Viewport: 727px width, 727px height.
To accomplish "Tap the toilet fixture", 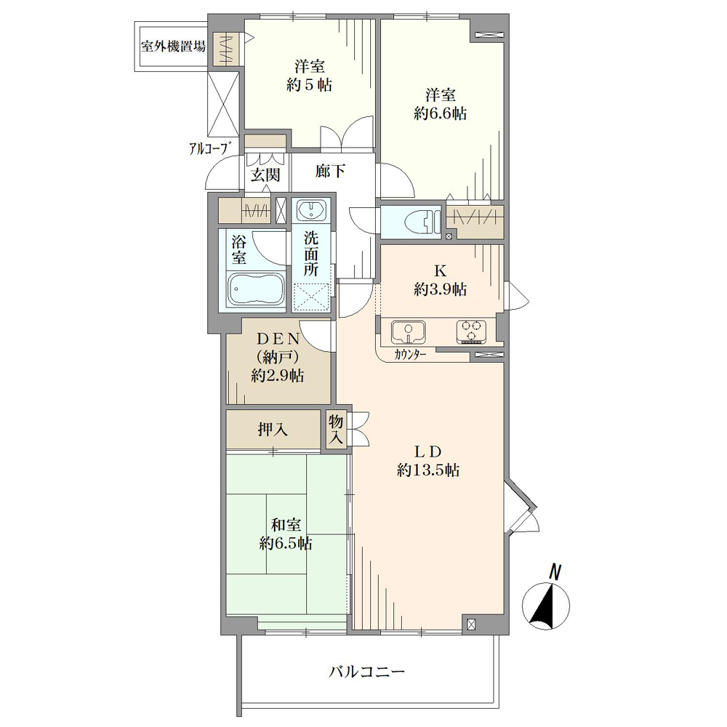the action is click(422, 222).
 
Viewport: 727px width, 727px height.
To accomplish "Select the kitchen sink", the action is click(409, 332).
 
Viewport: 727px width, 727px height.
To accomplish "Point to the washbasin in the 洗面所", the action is click(311, 211).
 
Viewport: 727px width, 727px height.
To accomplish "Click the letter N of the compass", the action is click(555, 571).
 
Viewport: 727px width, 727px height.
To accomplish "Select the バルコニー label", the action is click(366, 671).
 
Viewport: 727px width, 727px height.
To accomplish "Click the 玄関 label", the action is click(265, 174).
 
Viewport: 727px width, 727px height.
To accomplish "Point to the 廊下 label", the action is click(330, 171).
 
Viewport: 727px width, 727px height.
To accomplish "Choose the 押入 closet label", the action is click(273, 430).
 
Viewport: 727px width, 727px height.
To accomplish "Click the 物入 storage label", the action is click(336, 430).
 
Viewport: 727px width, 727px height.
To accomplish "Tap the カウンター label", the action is click(410, 356).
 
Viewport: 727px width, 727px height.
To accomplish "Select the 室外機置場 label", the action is click(174, 46).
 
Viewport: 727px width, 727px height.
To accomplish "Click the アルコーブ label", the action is click(210, 148).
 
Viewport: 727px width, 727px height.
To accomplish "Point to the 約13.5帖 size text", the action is click(428, 470).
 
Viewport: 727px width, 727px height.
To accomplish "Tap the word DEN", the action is click(278, 339).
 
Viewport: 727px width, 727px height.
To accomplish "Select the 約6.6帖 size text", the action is click(440, 113).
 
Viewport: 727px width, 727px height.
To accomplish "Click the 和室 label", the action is click(286, 525).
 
